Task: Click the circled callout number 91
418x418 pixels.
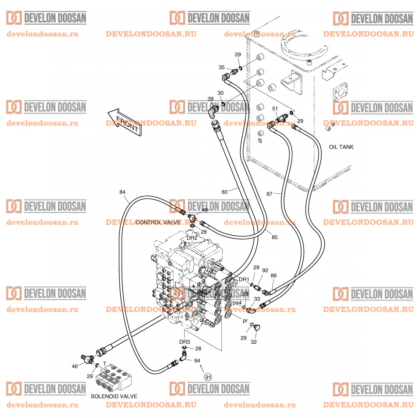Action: coord(208,377)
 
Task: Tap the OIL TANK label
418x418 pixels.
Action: coord(341,147)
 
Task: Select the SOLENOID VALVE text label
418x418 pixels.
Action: coord(114,396)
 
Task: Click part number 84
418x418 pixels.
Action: coord(123,192)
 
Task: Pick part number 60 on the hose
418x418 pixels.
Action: coord(224,192)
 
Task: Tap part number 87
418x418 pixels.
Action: coord(269,194)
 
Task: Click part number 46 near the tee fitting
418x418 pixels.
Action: coord(75,366)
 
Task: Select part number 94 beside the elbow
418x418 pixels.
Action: coord(197,361)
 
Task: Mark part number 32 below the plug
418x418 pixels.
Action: coord(253,342)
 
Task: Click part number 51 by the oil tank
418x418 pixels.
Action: coord(275,109)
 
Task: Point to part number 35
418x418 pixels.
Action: coord(222,67)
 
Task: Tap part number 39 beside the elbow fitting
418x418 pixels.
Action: coord(210,99)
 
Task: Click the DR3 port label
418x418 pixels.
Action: coord(184,342)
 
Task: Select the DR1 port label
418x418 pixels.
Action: coord(244,279)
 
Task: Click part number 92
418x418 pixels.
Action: coord(265,270)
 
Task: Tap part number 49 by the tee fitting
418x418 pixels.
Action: coord(205,210)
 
